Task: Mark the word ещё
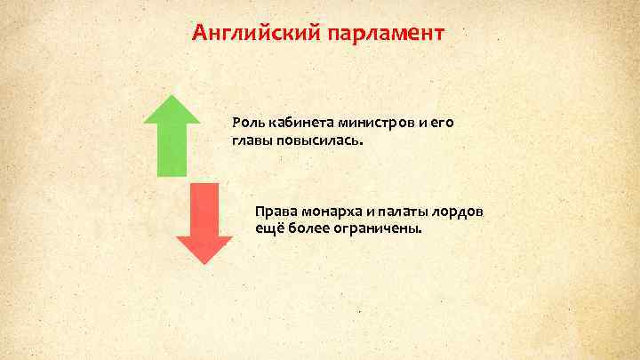(266, 228)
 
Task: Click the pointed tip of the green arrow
(172, 97)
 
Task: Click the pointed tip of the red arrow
(204, 262)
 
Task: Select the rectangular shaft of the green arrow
(172, 151)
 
